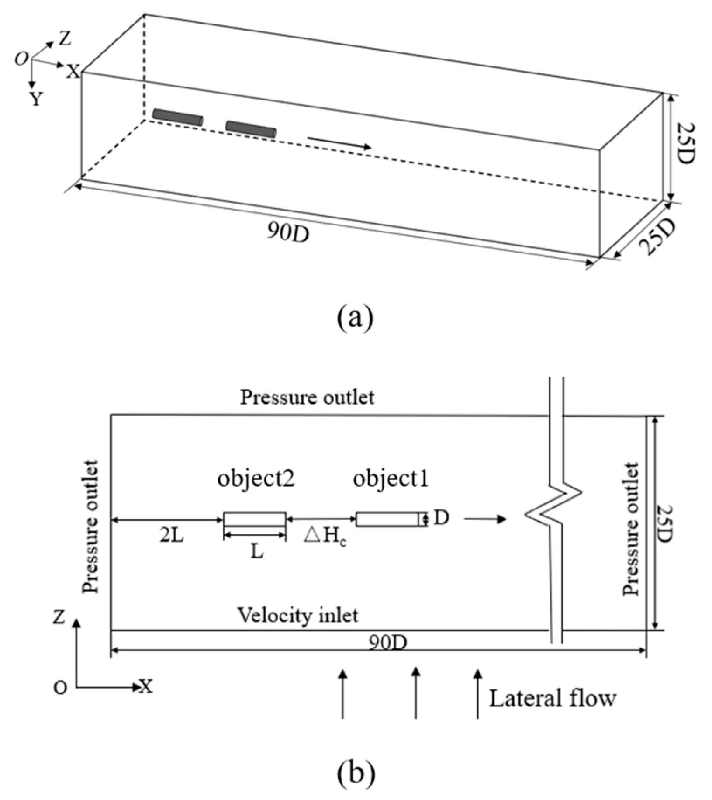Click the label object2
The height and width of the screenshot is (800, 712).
click(256, 479)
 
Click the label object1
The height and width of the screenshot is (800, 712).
click(391, 479)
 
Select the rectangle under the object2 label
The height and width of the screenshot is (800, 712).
click(254, 519)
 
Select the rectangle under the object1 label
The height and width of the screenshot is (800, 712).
click(390, 519)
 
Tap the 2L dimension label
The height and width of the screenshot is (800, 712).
click(171, 536)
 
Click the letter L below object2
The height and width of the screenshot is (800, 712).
click(257, 552)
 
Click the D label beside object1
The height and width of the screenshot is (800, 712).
click(442, 518)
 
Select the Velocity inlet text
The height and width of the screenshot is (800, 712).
click(297, 616)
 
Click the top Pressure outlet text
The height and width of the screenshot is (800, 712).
click(307, 398)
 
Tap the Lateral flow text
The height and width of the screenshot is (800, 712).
click(552, 699)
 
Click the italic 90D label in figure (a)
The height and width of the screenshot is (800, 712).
click(288, 233)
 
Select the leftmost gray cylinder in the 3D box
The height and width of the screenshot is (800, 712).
click(177, 117)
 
